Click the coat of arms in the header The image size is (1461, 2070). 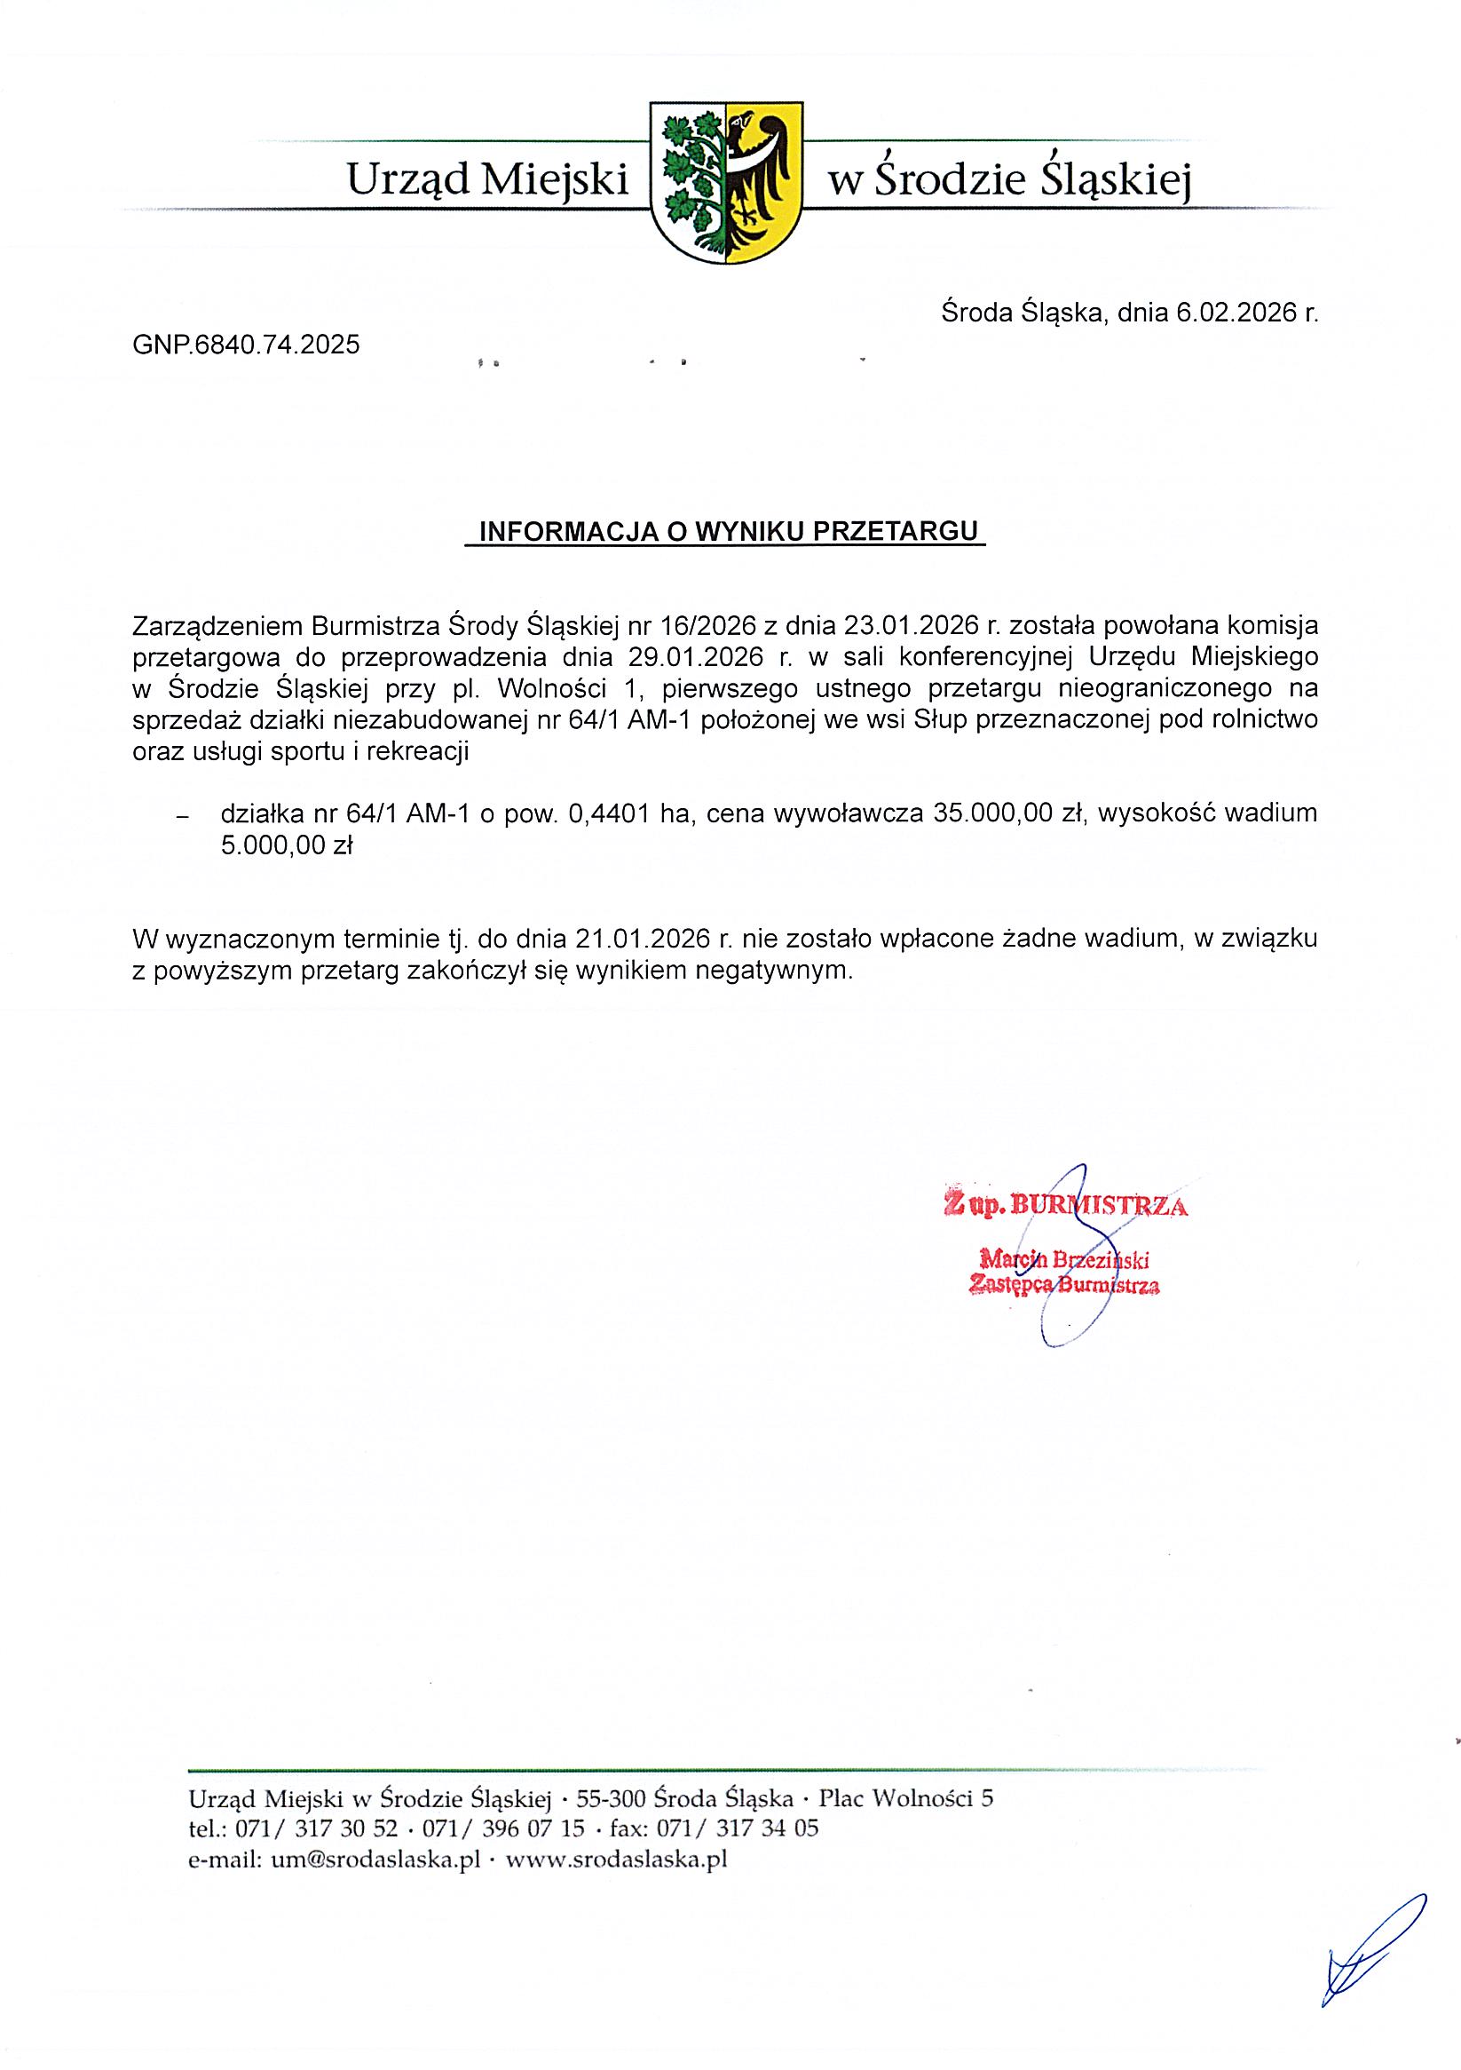coord(725,183)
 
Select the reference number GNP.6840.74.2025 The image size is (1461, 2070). coord(246,344)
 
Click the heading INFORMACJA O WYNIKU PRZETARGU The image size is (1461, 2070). coord(727,531)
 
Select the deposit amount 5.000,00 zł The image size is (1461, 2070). coord(287,845)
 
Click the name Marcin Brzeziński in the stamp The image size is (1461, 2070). coord(1063,1258)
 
